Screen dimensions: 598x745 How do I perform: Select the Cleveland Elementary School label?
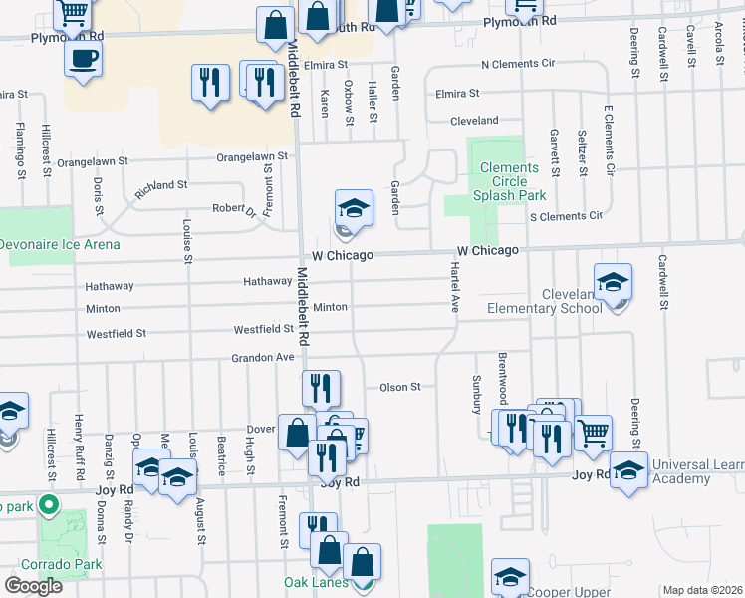pos(544,301)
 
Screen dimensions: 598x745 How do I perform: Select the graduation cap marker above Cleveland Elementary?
pos(614,282)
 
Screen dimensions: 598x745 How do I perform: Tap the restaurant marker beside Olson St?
pos(321,388)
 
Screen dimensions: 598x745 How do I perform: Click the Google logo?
pos(33,585)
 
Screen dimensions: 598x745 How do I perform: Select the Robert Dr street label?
pos(234,209)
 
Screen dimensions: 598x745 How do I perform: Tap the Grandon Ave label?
pos(263,357)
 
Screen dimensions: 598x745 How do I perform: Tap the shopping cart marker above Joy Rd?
pos(593,432)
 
